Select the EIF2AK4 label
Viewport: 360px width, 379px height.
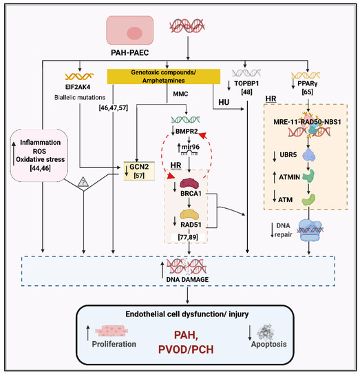coord(79,88)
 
